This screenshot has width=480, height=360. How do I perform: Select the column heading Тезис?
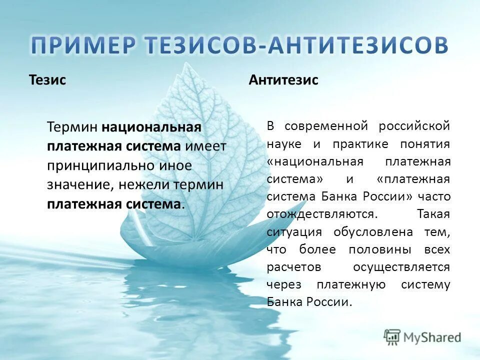[47, 80]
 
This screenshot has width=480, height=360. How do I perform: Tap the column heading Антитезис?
[283, 80]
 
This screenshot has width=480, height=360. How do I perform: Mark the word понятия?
[425, 144]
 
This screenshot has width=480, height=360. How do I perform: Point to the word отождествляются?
[321, 214]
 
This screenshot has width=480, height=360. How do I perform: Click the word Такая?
[433, 214]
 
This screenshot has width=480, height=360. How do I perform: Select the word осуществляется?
[401, 267]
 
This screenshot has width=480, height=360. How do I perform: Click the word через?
[283, 285]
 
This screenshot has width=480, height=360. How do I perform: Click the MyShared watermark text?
[432, 337]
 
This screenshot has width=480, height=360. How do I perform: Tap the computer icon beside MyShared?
[392, 337]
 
